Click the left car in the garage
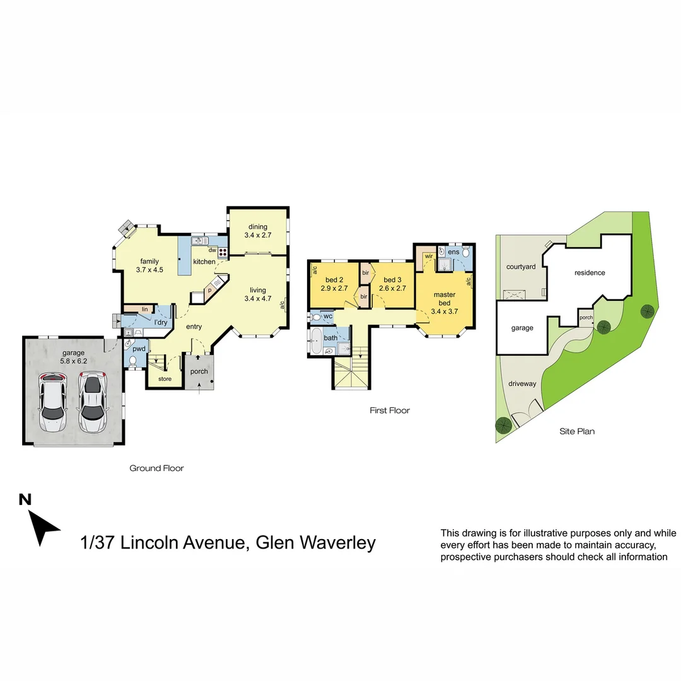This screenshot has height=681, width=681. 52,402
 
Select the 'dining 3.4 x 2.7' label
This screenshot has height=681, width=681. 257,231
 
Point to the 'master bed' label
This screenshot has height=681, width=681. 445,299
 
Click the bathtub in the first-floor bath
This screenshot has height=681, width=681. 316,341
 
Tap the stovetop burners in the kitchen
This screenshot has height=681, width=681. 223,252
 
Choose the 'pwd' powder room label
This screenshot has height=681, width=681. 139,349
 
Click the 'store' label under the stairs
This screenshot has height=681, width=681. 165,379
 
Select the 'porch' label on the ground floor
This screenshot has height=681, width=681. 199,371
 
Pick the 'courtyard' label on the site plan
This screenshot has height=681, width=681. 521,267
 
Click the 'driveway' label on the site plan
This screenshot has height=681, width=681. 522,383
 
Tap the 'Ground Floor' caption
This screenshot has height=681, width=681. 156,468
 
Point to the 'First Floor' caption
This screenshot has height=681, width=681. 390,410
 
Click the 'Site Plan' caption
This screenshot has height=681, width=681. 577,431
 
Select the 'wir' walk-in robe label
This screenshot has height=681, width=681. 429,256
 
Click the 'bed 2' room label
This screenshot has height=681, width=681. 334,280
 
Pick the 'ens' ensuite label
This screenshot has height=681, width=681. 453,252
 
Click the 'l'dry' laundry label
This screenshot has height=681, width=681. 161,322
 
